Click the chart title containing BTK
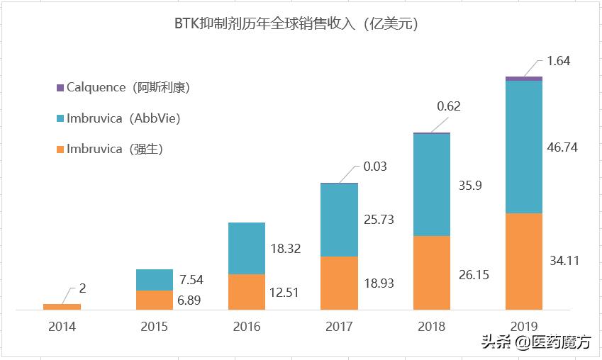pos(296,23)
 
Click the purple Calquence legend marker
pos(60,88)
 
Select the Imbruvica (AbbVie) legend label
pos(123,118)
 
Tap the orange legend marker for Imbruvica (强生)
pos(60,149)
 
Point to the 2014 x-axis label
pos(62,327)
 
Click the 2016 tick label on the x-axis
pos(246,327)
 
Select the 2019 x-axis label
pos(523,327)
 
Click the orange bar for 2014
pos(62,307)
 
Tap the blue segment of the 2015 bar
pos(154,280)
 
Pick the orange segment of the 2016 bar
pos(246,292)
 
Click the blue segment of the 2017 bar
pos(339,220)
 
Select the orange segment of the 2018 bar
pos(431,273)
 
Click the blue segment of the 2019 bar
pos(523,147)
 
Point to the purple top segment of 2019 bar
pos(523,78)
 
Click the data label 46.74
pos(564,147)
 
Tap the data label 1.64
pos(559,61)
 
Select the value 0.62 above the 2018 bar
pos(449,107)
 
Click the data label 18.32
pos(286,249)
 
